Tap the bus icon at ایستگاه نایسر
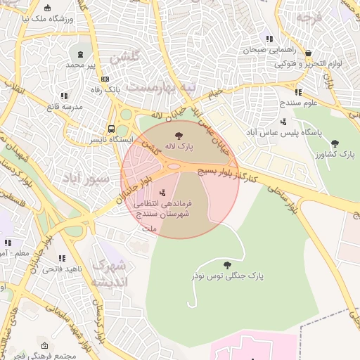click(x=111, y=129)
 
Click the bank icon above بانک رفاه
click(x=105, y=79)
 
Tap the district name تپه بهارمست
click(x=174, y=87)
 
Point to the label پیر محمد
click(x=80, y=65)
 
